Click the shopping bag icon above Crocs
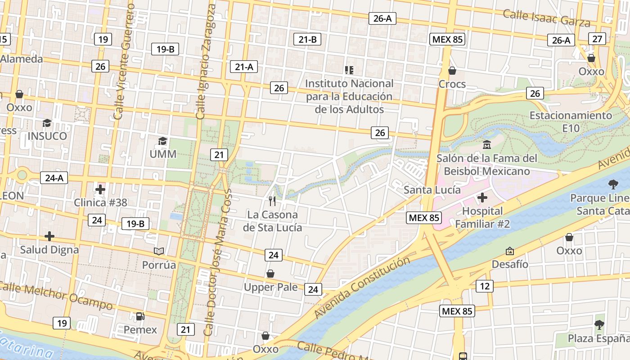[452, 71]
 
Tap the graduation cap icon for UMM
[163, 141]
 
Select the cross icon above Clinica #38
[100, 189]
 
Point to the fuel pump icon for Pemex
[140, 316]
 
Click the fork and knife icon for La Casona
[272, 201]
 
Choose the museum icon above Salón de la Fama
[487, 145]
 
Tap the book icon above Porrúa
[158, 251]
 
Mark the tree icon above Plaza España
[599, 324]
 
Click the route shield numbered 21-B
[308, 40]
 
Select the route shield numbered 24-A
[54, 178]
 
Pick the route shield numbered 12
[485, 286]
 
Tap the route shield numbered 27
[597, 39]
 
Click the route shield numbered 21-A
[244, 67]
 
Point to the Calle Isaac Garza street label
[546, 18]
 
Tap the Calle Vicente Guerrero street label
[125, 62]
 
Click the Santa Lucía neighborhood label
[432, 190]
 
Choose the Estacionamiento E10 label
[571, 122]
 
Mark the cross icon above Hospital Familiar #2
[482, 198]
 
